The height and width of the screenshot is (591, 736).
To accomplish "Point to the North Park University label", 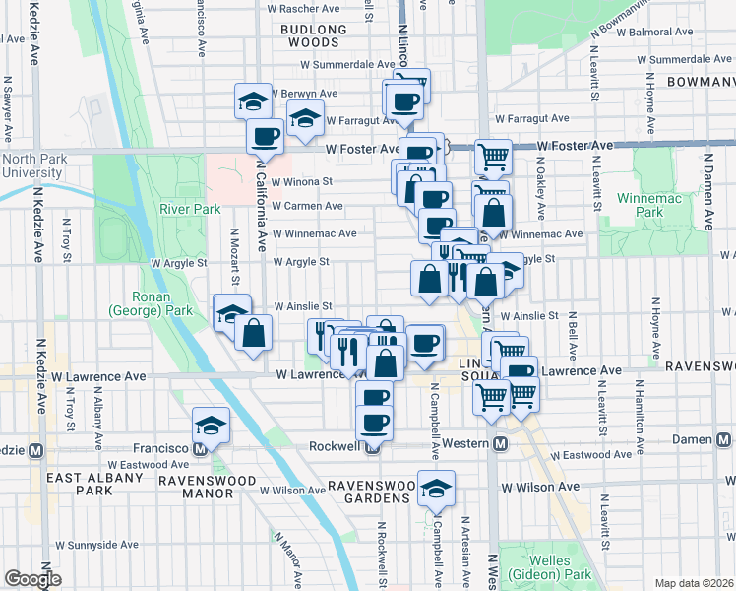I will click(x=31, y=165).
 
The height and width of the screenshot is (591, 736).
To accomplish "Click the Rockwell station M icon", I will click(x=372, y=446).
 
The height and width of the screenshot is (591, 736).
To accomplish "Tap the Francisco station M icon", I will click(x=203, y=447).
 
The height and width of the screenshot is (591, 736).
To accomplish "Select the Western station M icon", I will click(x=500, y=444).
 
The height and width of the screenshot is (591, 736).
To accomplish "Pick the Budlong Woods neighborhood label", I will click(x=314, y=35).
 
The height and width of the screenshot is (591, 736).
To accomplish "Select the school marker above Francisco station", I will click(x=211, y=425).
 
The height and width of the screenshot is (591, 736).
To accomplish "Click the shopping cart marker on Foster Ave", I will click(x=493, y=156).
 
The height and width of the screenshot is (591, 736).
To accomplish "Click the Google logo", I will click(x=33, y=579).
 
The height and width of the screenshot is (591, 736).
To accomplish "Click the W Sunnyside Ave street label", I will click(x=97, y=544).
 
